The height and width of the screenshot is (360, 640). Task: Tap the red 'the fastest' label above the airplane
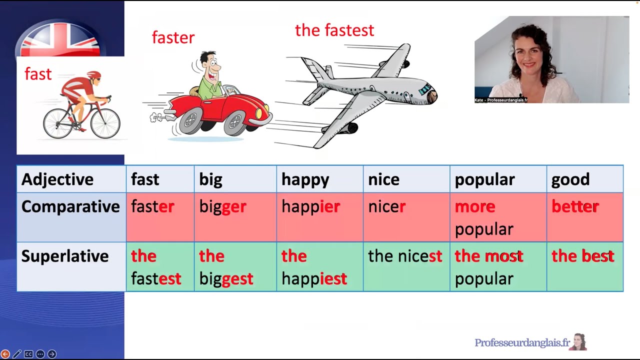(334, 30)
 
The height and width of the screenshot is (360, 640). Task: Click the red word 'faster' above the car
(173, 37)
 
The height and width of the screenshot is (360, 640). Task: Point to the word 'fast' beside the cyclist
(38, 74)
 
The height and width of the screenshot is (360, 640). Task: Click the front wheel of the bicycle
(105, 123)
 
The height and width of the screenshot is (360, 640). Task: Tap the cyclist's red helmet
(93, 75)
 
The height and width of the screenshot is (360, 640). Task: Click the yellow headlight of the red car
(259, 113)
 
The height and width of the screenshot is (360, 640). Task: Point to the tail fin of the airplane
(312, 70)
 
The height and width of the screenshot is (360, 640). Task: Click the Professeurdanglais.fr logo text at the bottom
(522, 342)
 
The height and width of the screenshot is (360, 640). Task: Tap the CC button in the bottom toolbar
(28, 354)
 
